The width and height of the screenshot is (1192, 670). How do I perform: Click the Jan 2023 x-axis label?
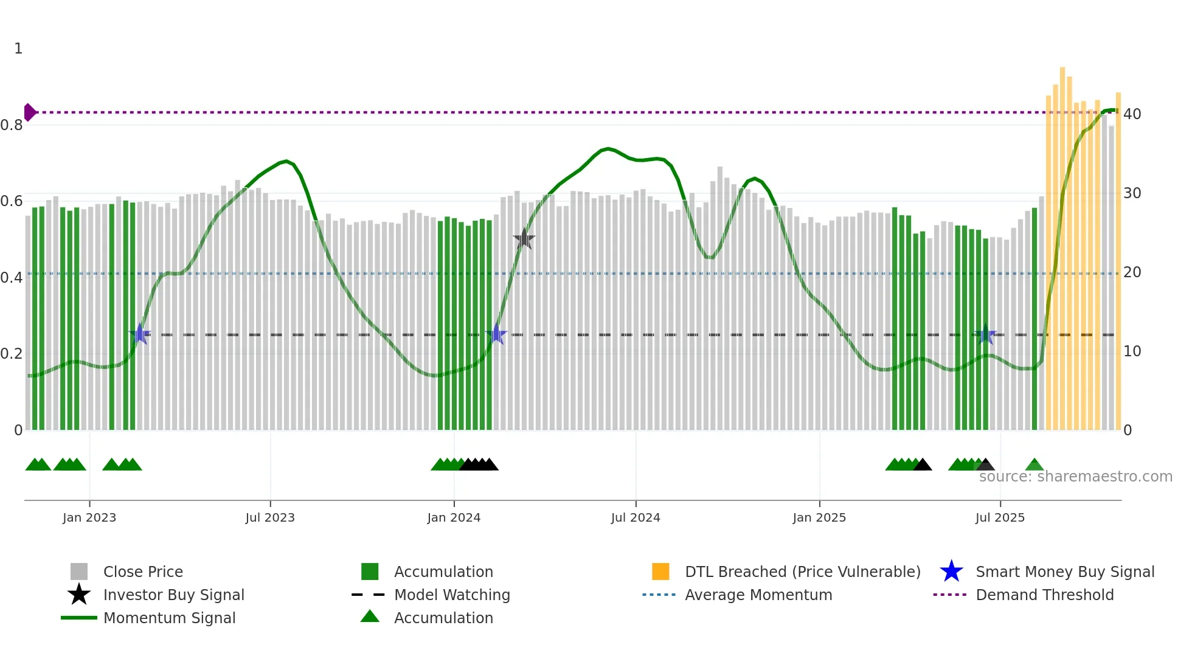(89, 517)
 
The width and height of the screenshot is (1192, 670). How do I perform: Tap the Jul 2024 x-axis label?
(636, 517)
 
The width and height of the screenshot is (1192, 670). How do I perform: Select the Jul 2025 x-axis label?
(1000, 517)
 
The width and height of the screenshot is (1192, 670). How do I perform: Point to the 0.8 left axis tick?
(12, 125)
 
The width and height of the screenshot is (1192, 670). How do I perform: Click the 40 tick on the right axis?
(1132, 114)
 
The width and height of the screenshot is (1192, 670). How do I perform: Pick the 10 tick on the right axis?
(1132, 351)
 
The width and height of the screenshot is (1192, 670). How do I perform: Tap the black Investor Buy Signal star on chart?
(524, 240)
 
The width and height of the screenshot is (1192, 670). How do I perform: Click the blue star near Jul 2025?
(985, 334)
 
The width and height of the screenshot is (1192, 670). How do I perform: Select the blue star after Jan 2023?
(140, 334)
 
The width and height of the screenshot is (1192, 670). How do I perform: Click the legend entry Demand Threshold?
(1044, 595)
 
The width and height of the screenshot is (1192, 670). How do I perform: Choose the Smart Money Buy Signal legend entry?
(1064, 572)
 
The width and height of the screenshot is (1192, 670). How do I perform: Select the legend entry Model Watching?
(451, 595)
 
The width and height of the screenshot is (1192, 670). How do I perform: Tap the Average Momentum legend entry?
(758, 595)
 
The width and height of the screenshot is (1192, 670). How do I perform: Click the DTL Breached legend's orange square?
(660, 572)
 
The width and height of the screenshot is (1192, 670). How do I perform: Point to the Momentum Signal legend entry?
(168, 618)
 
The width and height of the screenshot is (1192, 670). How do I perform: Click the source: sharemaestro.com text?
(1075, 477)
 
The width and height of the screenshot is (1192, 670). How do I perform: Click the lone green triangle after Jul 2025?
(1034, 466)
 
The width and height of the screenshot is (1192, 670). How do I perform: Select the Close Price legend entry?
(142, 572)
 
